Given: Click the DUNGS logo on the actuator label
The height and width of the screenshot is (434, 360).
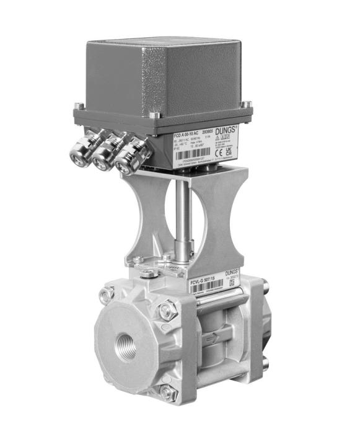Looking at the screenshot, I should coord(230,128).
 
